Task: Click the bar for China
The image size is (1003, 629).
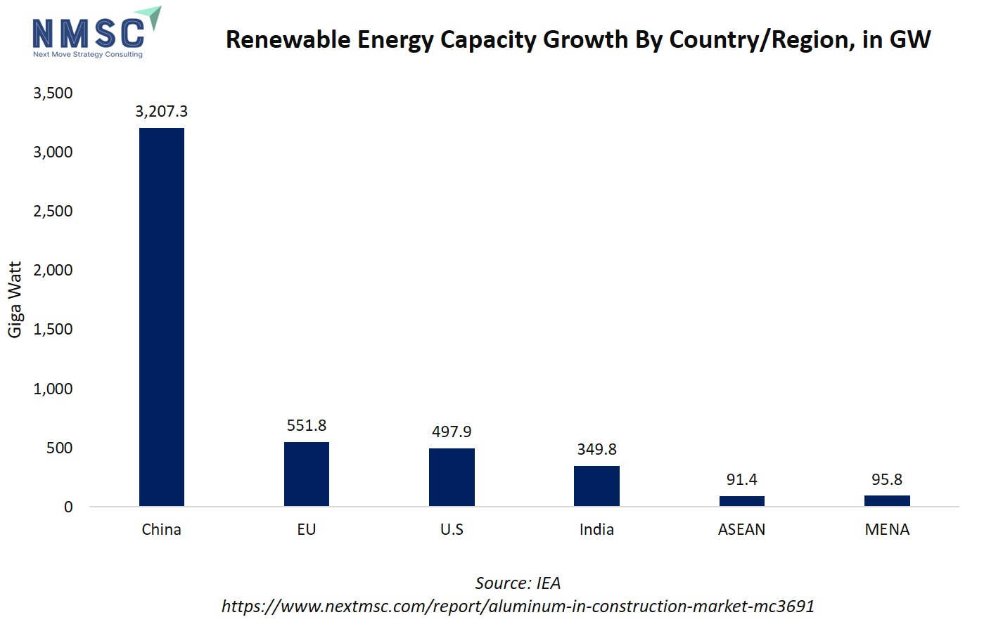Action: click(162, 316)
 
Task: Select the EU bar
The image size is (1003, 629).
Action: click(307, 474)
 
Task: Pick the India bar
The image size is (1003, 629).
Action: click(596, 486)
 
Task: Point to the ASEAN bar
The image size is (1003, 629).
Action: click(741, 501)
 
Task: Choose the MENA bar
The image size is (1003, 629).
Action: click(887, 500)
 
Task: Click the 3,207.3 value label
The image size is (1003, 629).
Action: click(162, 111)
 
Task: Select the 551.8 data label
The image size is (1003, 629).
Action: click(307, 425)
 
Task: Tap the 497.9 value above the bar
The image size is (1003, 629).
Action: click(452, 432)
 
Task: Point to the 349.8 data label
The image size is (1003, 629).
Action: click(596, 449)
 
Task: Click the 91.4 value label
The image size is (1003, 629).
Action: click(741, 479)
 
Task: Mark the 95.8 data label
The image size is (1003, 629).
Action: click(887, 479)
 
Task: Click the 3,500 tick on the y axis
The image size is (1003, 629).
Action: click(53, 93)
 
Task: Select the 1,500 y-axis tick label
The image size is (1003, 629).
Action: click(53, 329)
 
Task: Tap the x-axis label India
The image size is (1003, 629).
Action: click(596, 529)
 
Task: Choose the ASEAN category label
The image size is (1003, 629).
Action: click(741, 529)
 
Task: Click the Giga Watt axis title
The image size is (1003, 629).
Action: click(15, 299)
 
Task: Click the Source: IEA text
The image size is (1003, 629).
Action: click(518, 583)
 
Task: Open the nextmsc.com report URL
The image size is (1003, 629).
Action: click(518, 606)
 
